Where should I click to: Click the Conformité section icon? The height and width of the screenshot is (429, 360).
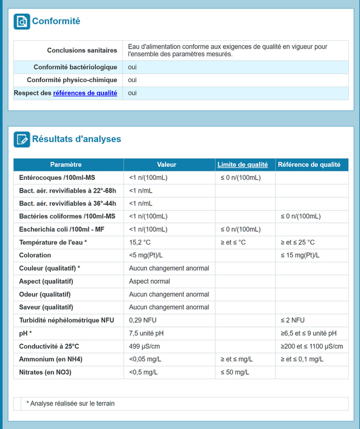pos(22,21)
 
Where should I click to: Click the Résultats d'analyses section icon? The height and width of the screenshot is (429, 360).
pos(22,139)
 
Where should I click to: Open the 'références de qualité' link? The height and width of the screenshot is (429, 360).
pos(85,93)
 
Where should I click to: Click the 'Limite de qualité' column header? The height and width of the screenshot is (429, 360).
pos(242,165)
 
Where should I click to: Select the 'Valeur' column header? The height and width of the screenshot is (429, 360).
pos(167,165)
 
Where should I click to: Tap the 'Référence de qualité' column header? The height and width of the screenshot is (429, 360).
pos(309,165)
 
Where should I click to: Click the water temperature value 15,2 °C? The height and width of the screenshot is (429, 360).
pos(140,242)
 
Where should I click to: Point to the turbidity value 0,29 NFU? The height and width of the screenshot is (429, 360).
pos(143,320)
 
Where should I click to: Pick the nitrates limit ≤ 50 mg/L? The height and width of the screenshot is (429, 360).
pos(235,372)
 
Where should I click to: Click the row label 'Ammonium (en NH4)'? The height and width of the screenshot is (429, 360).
pos(51,359)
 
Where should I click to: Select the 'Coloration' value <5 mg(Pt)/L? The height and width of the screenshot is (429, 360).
pos(146,255)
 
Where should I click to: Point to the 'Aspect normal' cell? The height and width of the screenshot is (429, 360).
pos(149,282)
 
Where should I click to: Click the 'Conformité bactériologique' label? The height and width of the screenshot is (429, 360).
pos(75,68)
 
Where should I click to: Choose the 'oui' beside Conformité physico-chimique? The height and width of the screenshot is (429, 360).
pos(132,80)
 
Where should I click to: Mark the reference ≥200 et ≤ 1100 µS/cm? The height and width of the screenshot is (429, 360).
pos(312,346)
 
